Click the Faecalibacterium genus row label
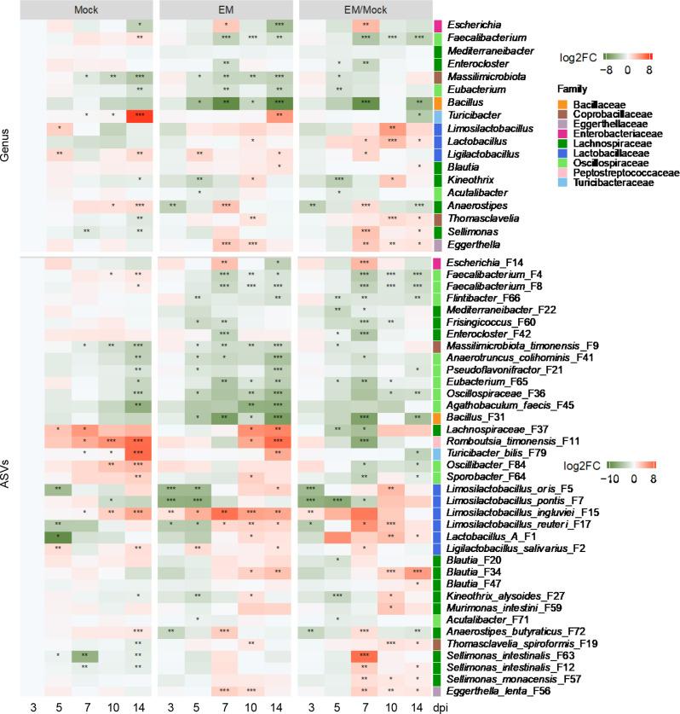482,38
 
